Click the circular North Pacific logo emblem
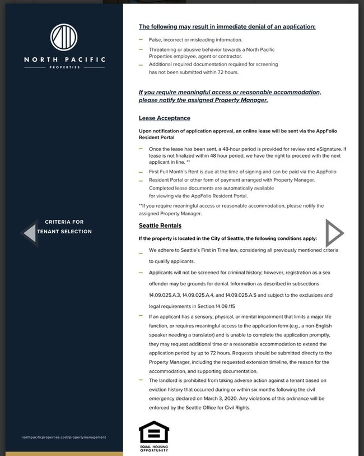[x=63, y=37]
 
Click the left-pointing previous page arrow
[x=30, y=232]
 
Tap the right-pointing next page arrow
[x=334, y=232]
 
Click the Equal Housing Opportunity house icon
[x=153, y=432]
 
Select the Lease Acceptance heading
[x=165, y=118]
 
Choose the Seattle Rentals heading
[x=160, y=225]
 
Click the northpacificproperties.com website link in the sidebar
[x=63, y=437]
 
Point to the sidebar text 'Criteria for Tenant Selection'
[x=64, y=227]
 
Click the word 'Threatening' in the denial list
[x=163, y=50]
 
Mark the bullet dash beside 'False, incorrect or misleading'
[x=141, y=40]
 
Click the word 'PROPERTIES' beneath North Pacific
[x=64, y=67]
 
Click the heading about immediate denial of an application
[x=227, y=26]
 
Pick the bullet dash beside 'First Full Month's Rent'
[x=141, y=172]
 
